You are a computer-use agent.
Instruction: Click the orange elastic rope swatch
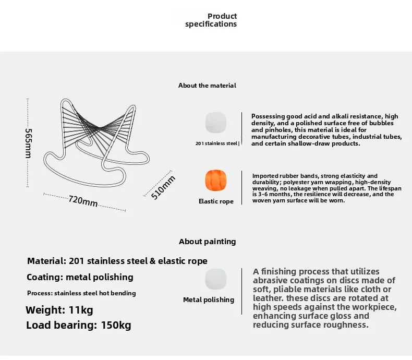pos(215,181)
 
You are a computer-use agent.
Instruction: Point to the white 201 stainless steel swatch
pos(215,123)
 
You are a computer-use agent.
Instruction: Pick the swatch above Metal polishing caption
pos(216,279)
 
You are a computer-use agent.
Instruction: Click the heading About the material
pos(207,85)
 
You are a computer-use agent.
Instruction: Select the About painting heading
pos(207,242)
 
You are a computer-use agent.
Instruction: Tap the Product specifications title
pos(211,20)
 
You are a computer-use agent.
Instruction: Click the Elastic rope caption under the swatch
pos(216,201)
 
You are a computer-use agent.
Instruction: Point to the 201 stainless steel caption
pos(217,143)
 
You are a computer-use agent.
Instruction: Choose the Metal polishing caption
pos(209,299)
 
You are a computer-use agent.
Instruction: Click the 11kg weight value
pos(81,310)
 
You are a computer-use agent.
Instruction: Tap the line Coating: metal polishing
pos(80,277)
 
